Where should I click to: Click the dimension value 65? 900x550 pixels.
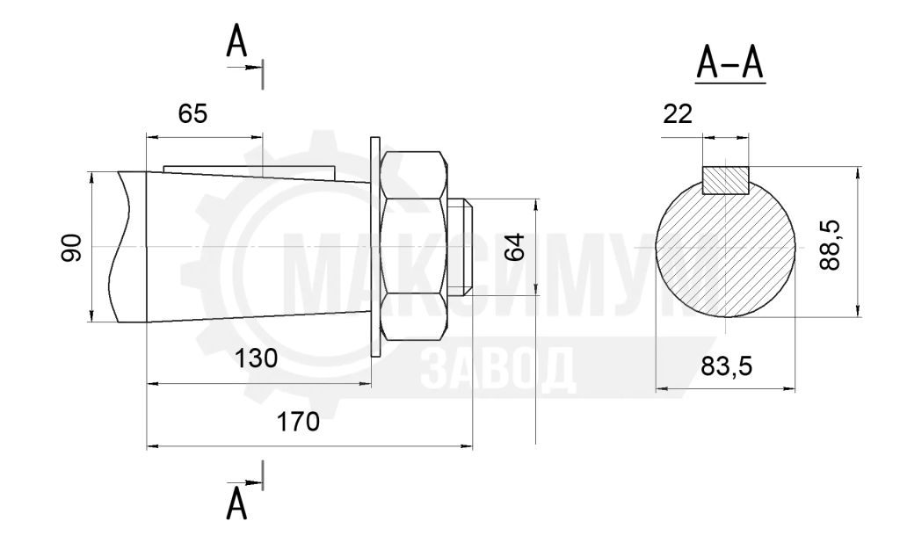[192, 114]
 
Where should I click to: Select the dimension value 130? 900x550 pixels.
[256, 358]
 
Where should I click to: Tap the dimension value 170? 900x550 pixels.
[298, 422]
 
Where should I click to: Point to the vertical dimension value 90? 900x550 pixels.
[72, 248]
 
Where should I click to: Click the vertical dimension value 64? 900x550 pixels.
[515, 247]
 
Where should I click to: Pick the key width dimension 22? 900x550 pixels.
[678, 114]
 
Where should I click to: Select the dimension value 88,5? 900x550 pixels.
[830, 245]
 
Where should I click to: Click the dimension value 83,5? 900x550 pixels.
[726, 365]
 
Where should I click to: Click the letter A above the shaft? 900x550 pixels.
[236, 41]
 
